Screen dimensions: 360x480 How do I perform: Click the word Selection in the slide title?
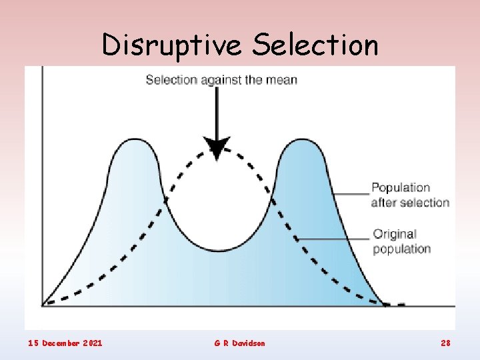[316, 45]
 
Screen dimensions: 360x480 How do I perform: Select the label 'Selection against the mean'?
[221, 80]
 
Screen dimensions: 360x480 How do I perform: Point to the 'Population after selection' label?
[410, 195]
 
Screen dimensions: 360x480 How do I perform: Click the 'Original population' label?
[401, 241]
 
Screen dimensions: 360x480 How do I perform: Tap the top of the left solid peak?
[134, 141]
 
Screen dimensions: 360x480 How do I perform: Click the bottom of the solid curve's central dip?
[219, 251]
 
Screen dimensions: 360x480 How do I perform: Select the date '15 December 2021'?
[65, 343]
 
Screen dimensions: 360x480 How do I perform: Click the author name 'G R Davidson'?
[239, 343]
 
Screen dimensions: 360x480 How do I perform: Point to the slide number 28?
[446, 343]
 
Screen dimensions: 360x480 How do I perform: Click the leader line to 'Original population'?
[333, 239]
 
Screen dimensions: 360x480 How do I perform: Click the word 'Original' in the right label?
[395, 234]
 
